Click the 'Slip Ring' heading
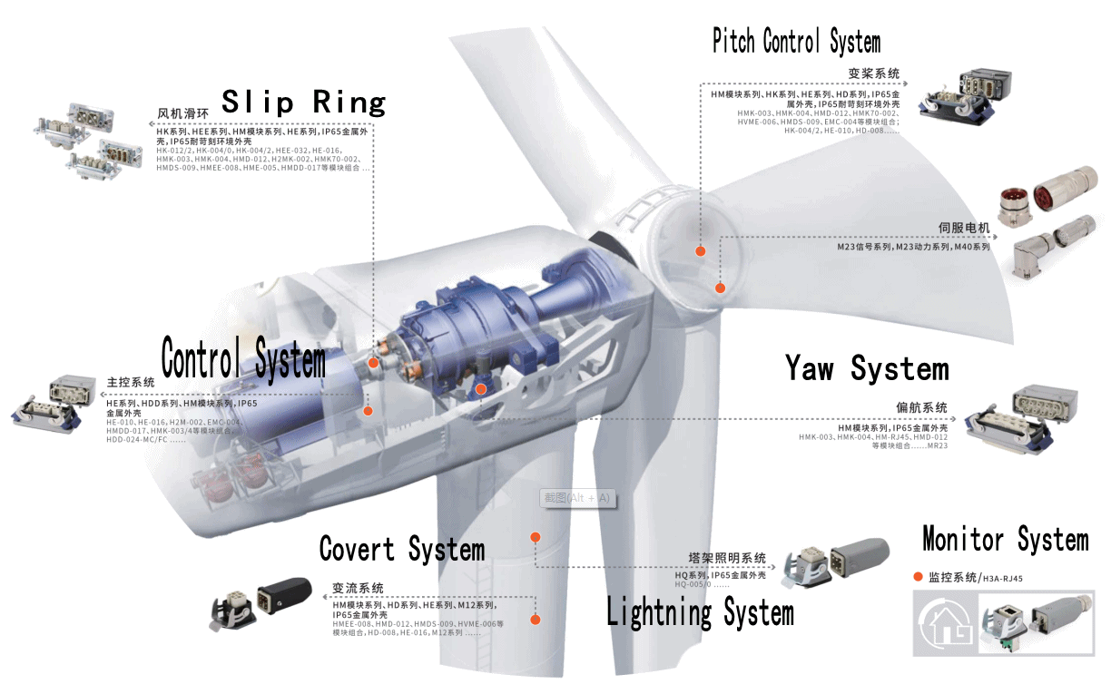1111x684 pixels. coord(304,102)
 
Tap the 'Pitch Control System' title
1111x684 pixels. coord(796,42)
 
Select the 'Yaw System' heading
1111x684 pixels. coord(867,368)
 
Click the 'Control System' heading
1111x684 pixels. coord(243,357)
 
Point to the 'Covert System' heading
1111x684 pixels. coord(402,549)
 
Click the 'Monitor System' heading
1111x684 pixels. coord(1005,539)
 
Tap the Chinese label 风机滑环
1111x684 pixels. coord(182,114)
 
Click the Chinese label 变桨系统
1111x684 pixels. coord(873,73)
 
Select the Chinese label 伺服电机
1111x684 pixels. coord(964,228)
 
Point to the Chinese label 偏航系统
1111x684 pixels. coord(921,407)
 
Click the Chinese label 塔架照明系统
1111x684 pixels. coord(727,558)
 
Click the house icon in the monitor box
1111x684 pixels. coord(942,621)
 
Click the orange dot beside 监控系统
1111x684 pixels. coord(918,577)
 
